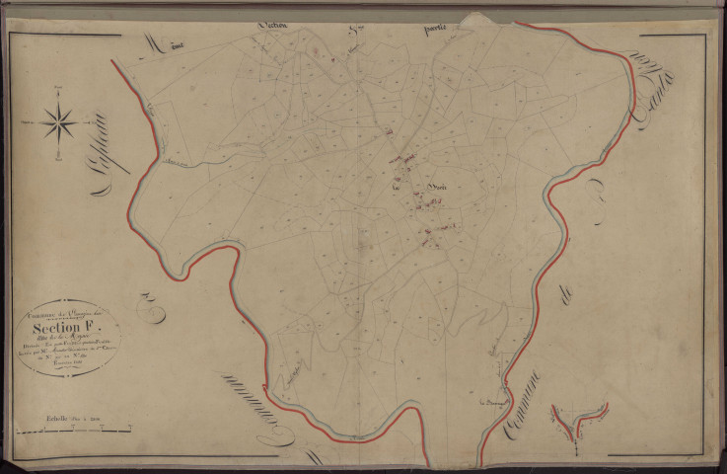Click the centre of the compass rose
coord(60,122)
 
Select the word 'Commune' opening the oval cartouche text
coord(43,313)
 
